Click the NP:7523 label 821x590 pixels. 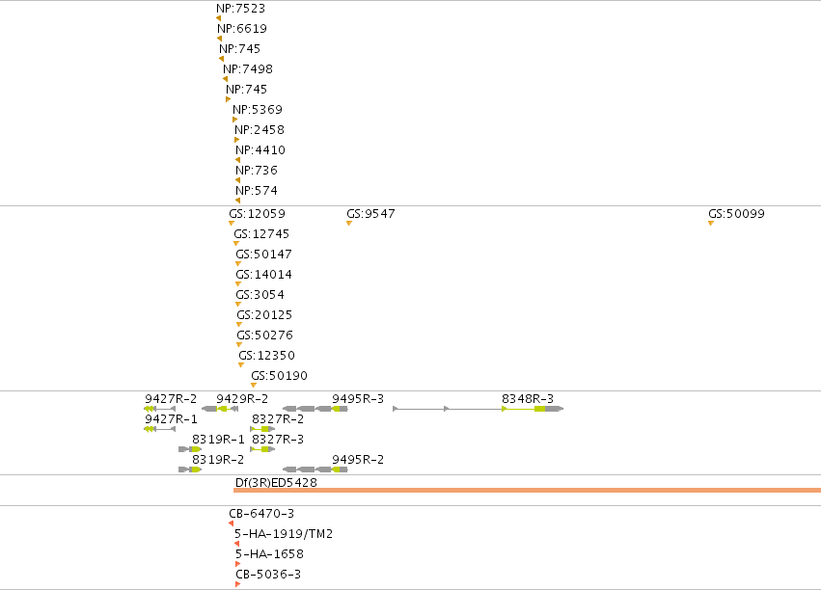point(241,9)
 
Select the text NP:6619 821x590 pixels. point(242,29)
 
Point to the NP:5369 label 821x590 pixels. point(258,110)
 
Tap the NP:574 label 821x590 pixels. point(257,191)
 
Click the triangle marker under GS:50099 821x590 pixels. point(710,224)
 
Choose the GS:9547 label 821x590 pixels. point(370,214)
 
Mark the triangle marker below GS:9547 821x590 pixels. point(349,224)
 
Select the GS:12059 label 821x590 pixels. point(257,214)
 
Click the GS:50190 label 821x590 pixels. point(279,376)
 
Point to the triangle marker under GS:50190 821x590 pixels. point(254,386)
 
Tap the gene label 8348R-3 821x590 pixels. point(528,399)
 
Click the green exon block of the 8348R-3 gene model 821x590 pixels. point(540,409)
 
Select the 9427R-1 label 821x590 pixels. point(171,419)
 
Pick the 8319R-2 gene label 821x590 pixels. point(218,460)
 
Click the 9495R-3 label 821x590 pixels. point(358,399)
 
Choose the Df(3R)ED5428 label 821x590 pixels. point(276,483)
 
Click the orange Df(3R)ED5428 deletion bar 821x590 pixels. point(528,490)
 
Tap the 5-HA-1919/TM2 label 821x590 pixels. point(284,534)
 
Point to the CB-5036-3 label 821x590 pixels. point(268,575)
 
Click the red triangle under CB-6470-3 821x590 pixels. point(232,523)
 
